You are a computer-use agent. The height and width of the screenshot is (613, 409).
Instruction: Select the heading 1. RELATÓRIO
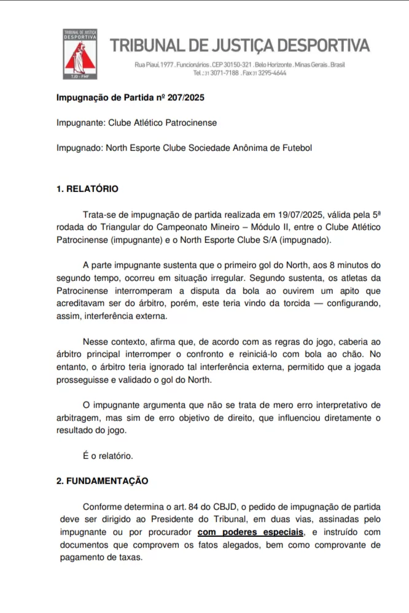[x=87, y=189]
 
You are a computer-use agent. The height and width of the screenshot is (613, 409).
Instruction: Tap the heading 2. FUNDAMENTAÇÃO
[x=102, y=481]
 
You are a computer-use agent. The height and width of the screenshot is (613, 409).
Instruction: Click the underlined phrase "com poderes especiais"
[x=251, y=532]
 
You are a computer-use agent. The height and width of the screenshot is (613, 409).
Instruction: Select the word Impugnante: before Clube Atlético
[x=80, y=123]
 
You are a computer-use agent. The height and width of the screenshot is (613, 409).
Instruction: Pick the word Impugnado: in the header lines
[x=79, y=148]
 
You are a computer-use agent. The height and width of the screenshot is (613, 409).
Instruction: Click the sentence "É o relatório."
[x=107, y=456]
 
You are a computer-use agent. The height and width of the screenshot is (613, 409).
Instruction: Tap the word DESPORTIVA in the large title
[x=323, y=45]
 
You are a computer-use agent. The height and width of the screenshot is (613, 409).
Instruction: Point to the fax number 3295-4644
[x=273, y=72]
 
